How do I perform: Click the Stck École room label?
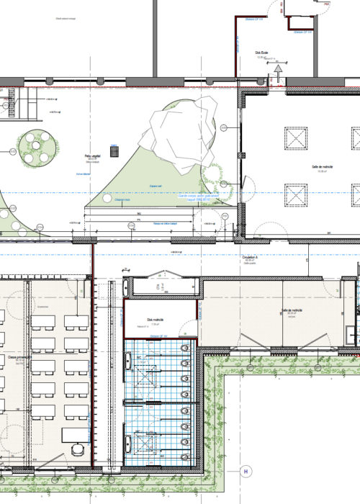pos(262,53)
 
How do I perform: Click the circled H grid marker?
pos(246,472)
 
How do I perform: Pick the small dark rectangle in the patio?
pos(113,150)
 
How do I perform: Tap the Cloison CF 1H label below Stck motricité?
pos(158,336)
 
